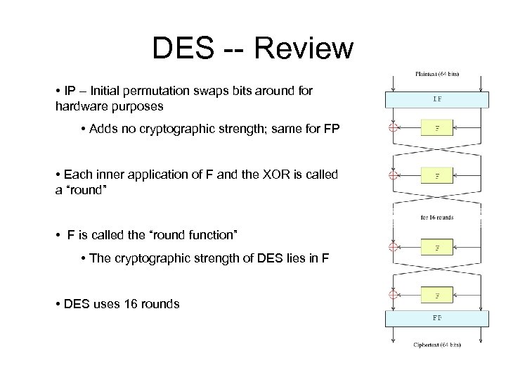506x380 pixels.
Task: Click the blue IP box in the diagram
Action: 437,99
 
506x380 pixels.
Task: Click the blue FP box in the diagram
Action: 437,318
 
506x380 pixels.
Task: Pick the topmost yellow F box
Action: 438,129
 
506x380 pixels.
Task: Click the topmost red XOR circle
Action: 394,129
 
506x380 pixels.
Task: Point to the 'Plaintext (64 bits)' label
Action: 436,73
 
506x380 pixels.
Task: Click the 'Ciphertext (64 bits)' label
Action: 436,345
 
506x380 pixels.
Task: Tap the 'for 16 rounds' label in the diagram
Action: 437,217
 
